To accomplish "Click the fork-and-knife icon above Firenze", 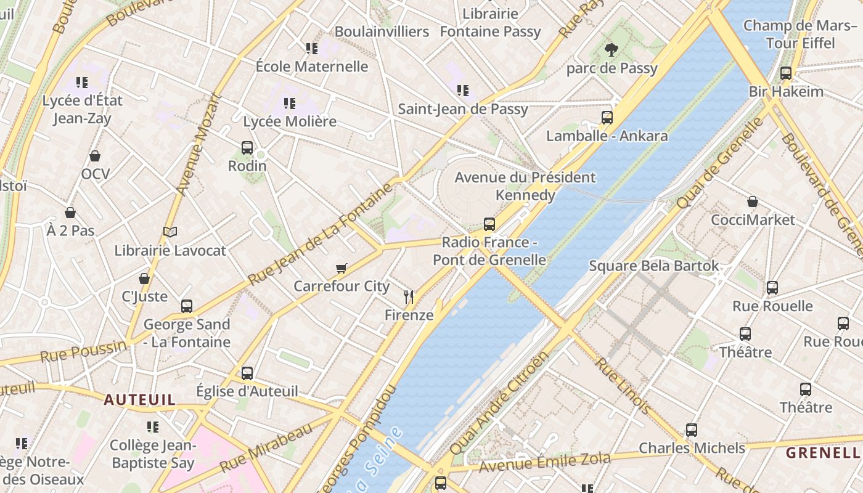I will click(x=408, y=297).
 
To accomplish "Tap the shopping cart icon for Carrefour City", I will click(x=342, y=268).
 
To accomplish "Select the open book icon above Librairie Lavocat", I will click(x=170, y=232).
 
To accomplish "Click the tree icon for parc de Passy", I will click(x=611, y=50).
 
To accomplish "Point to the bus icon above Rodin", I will click(x=247, y=147).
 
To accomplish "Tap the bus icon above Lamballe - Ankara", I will click(x=607, y=117).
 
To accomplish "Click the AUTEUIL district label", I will click(x=139, y=399).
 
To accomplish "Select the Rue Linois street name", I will click(x=623, y=385).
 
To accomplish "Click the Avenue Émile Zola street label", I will click(x=545, y=462).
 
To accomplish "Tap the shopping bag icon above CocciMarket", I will click(x=753, y=202).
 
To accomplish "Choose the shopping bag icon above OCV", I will click(x=95, y=156).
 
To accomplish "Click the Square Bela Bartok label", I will click(x=653, y=266).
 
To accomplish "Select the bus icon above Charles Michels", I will click(x=692, y=430).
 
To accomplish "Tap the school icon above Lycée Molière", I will click(x=290, y=103).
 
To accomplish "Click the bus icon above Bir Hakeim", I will click(x=786, y=73).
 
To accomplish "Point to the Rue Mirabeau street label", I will click(x=266, y=448).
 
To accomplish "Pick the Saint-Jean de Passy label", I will click(x=462, y=109).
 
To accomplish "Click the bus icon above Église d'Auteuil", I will click(x=247, y=373).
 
